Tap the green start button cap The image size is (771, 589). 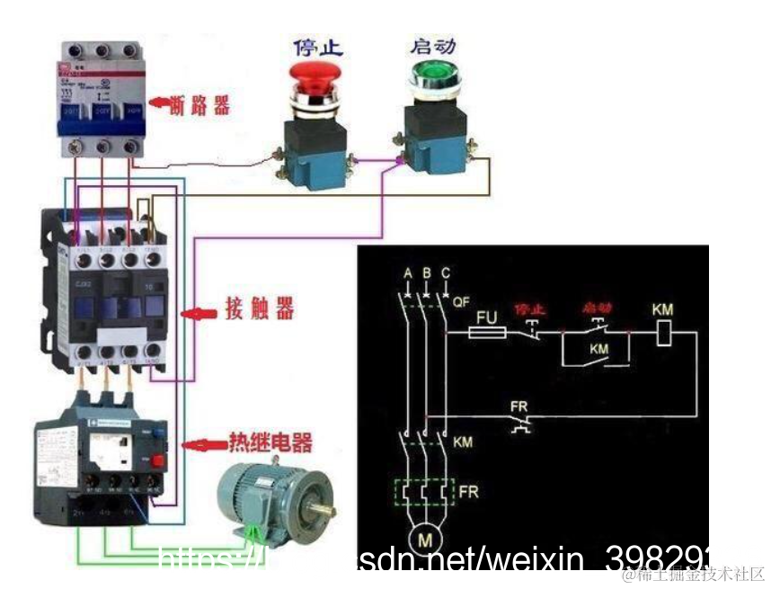click(x=434, y=76)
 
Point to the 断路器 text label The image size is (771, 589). click(x=199, y=107)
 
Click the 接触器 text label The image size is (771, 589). click(x=259, y=311)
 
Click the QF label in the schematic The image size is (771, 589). click(x=462, y=302)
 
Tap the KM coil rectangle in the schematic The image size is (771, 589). click(x=661, y=333)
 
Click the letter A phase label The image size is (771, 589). click(x=408, y=272)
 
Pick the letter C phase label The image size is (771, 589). click(x=446, y=272)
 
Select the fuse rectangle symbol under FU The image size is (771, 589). click(x=489, y=333)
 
